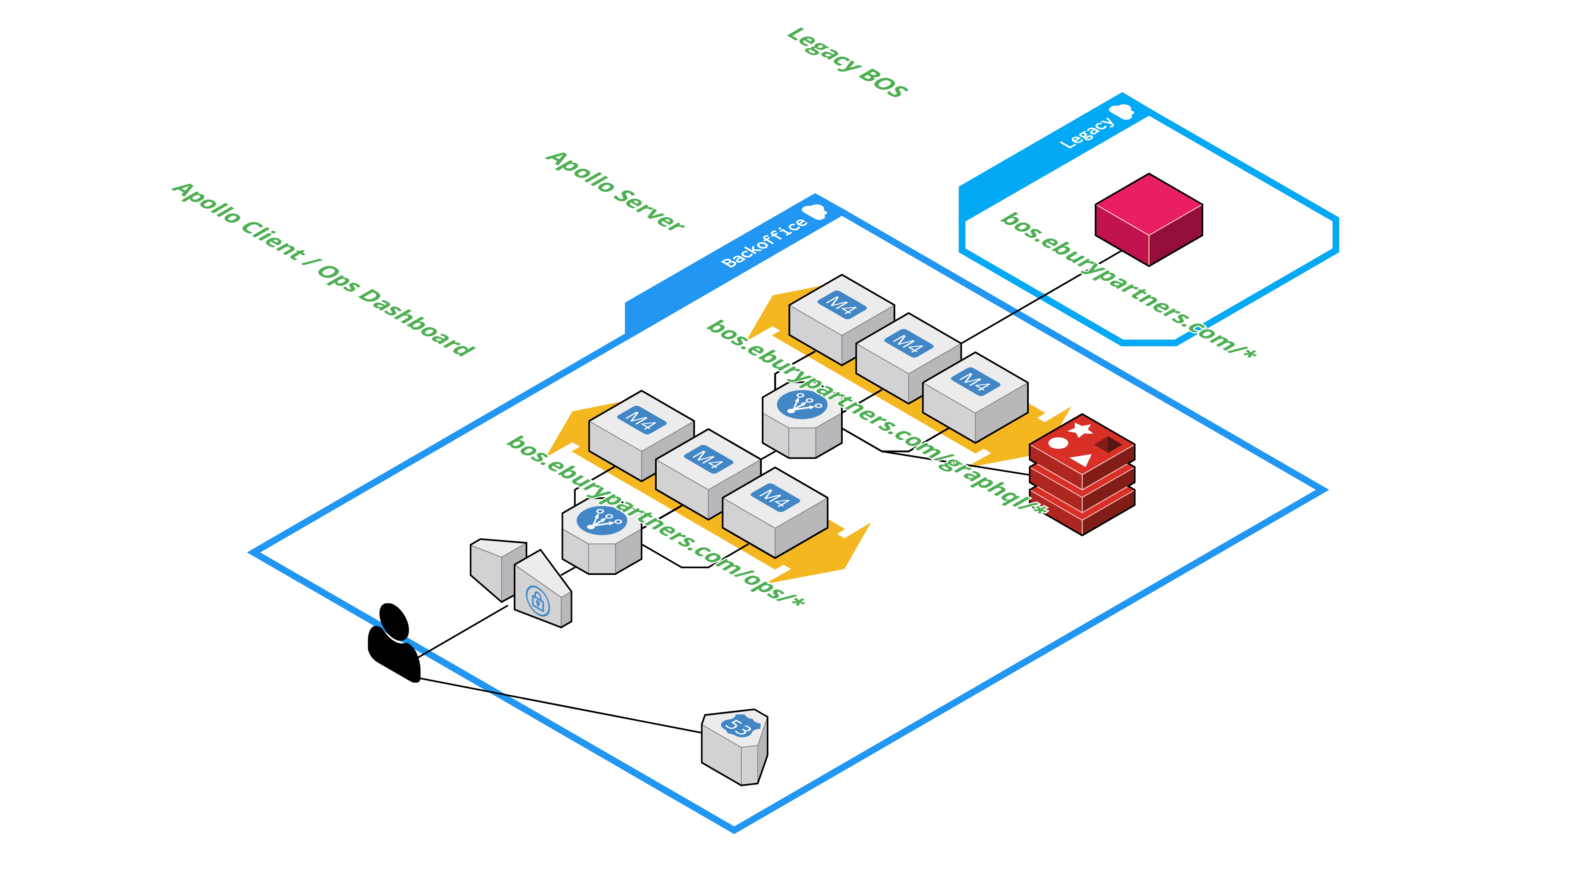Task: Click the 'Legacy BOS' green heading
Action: [x=847, y=62]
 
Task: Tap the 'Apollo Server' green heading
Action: [x=615, y=191]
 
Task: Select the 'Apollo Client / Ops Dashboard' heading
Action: [x=323, y=269]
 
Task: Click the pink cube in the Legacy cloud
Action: [x=1149, y=219]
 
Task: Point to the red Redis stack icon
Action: [x=1082, y=474]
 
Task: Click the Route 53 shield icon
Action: [x=735, y=747]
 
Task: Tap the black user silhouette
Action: [x=394, y=642]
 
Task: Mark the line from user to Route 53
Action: [x=561, y=705]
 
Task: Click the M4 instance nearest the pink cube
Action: [x=908, y=358]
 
